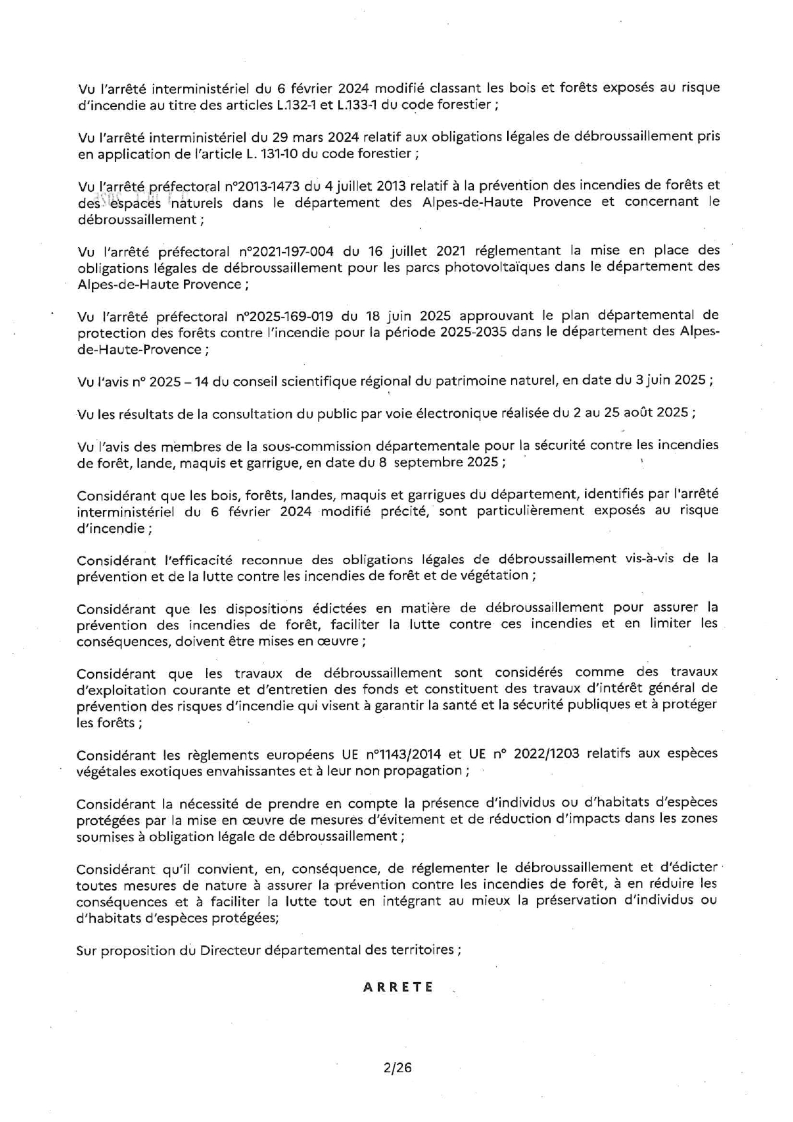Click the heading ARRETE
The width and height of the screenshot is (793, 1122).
pyautogui.click(x=398, y=986)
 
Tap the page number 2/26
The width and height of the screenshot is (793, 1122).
pyautogui.click(x=398, y=1067)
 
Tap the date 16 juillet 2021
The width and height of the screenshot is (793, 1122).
pyautogui.click(x=404, y=250)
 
